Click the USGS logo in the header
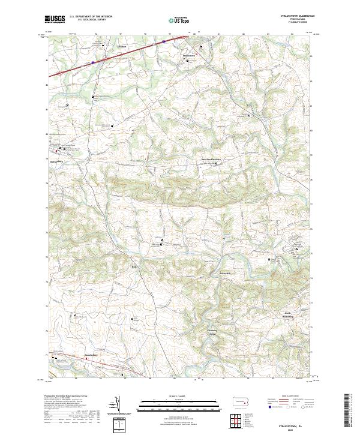click(x=55, y=19)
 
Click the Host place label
click(x=135, y=266)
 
